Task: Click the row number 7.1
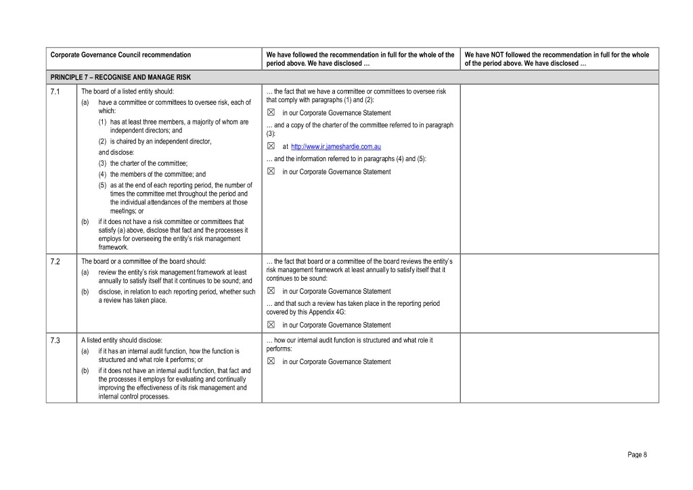55,91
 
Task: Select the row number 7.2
55,261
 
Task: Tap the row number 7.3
55,340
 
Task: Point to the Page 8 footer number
638,455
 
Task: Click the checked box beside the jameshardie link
271,146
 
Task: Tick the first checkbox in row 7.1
271,113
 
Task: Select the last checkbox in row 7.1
271,172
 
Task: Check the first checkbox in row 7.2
271,291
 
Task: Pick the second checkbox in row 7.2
271,325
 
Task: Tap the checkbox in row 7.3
271,361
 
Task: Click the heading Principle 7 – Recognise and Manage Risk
120,77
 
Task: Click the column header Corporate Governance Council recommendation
121,55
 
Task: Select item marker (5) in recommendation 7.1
103,185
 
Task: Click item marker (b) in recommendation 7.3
85,371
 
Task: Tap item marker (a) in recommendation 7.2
85,272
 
